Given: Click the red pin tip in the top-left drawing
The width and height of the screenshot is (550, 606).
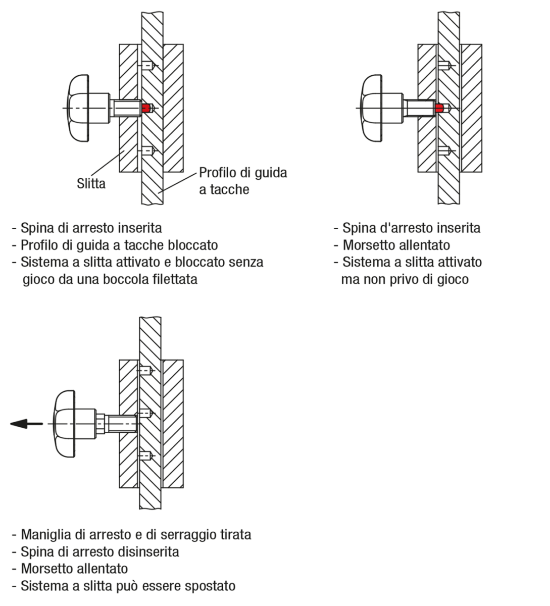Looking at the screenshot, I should click(x=147, y=108).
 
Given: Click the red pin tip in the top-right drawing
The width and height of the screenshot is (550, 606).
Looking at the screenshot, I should click(x=442, y=108).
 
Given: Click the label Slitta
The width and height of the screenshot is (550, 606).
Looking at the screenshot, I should click(x=91, y=183).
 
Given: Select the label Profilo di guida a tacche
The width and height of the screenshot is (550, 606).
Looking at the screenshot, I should click(x=242, y=181).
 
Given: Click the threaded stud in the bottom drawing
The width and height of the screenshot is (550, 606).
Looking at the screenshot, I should click(x=121, y=423).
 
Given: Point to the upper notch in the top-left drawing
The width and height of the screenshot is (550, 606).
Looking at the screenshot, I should click(x=147, y=65).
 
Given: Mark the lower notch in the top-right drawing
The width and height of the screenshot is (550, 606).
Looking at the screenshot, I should click(x=443, y=150).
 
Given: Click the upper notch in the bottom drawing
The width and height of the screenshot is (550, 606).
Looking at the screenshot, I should click(x=147, y=371).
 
